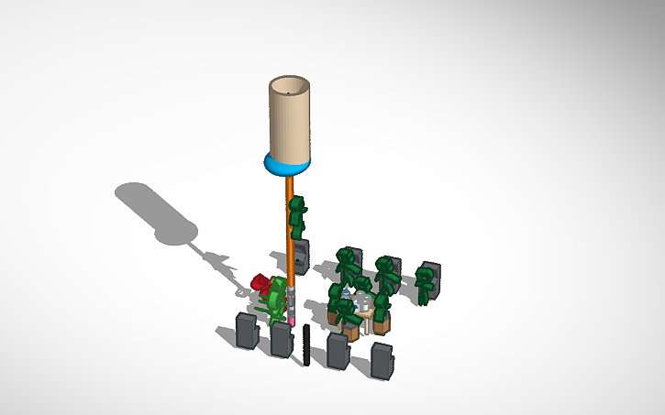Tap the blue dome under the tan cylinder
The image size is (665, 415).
[288, 166]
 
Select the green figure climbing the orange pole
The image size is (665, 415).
[297, 217]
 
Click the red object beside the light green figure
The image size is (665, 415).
[260, 283]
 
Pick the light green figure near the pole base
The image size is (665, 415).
[275, 300]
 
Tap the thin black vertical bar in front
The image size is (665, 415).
[305, 344]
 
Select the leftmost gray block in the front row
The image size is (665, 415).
[247, 331]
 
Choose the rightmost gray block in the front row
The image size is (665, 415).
[382, 359]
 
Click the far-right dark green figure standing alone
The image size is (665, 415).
[426, 282]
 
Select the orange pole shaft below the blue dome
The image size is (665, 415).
[290, 229]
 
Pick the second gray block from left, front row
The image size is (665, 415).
[281, 339]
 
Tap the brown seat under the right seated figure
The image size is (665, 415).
[379, 322]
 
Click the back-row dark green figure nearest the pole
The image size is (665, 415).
[347, 266]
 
